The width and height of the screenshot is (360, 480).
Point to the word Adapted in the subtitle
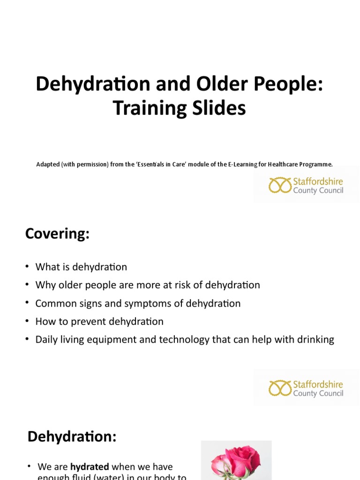coord(48,165)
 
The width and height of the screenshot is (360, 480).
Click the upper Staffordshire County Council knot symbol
coord(280,185)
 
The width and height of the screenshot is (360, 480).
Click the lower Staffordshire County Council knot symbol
coord(280,388)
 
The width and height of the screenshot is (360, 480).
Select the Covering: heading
coord(57,233)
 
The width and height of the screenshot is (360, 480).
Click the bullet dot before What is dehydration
coord(28,267)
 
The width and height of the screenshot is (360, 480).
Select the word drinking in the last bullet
coord(315,340)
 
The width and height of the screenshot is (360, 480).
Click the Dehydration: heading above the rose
coord(72,436)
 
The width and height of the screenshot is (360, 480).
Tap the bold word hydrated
coord(90,467)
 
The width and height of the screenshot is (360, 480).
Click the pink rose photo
coord(236,461)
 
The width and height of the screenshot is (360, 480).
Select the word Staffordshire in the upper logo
coord(318,181)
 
